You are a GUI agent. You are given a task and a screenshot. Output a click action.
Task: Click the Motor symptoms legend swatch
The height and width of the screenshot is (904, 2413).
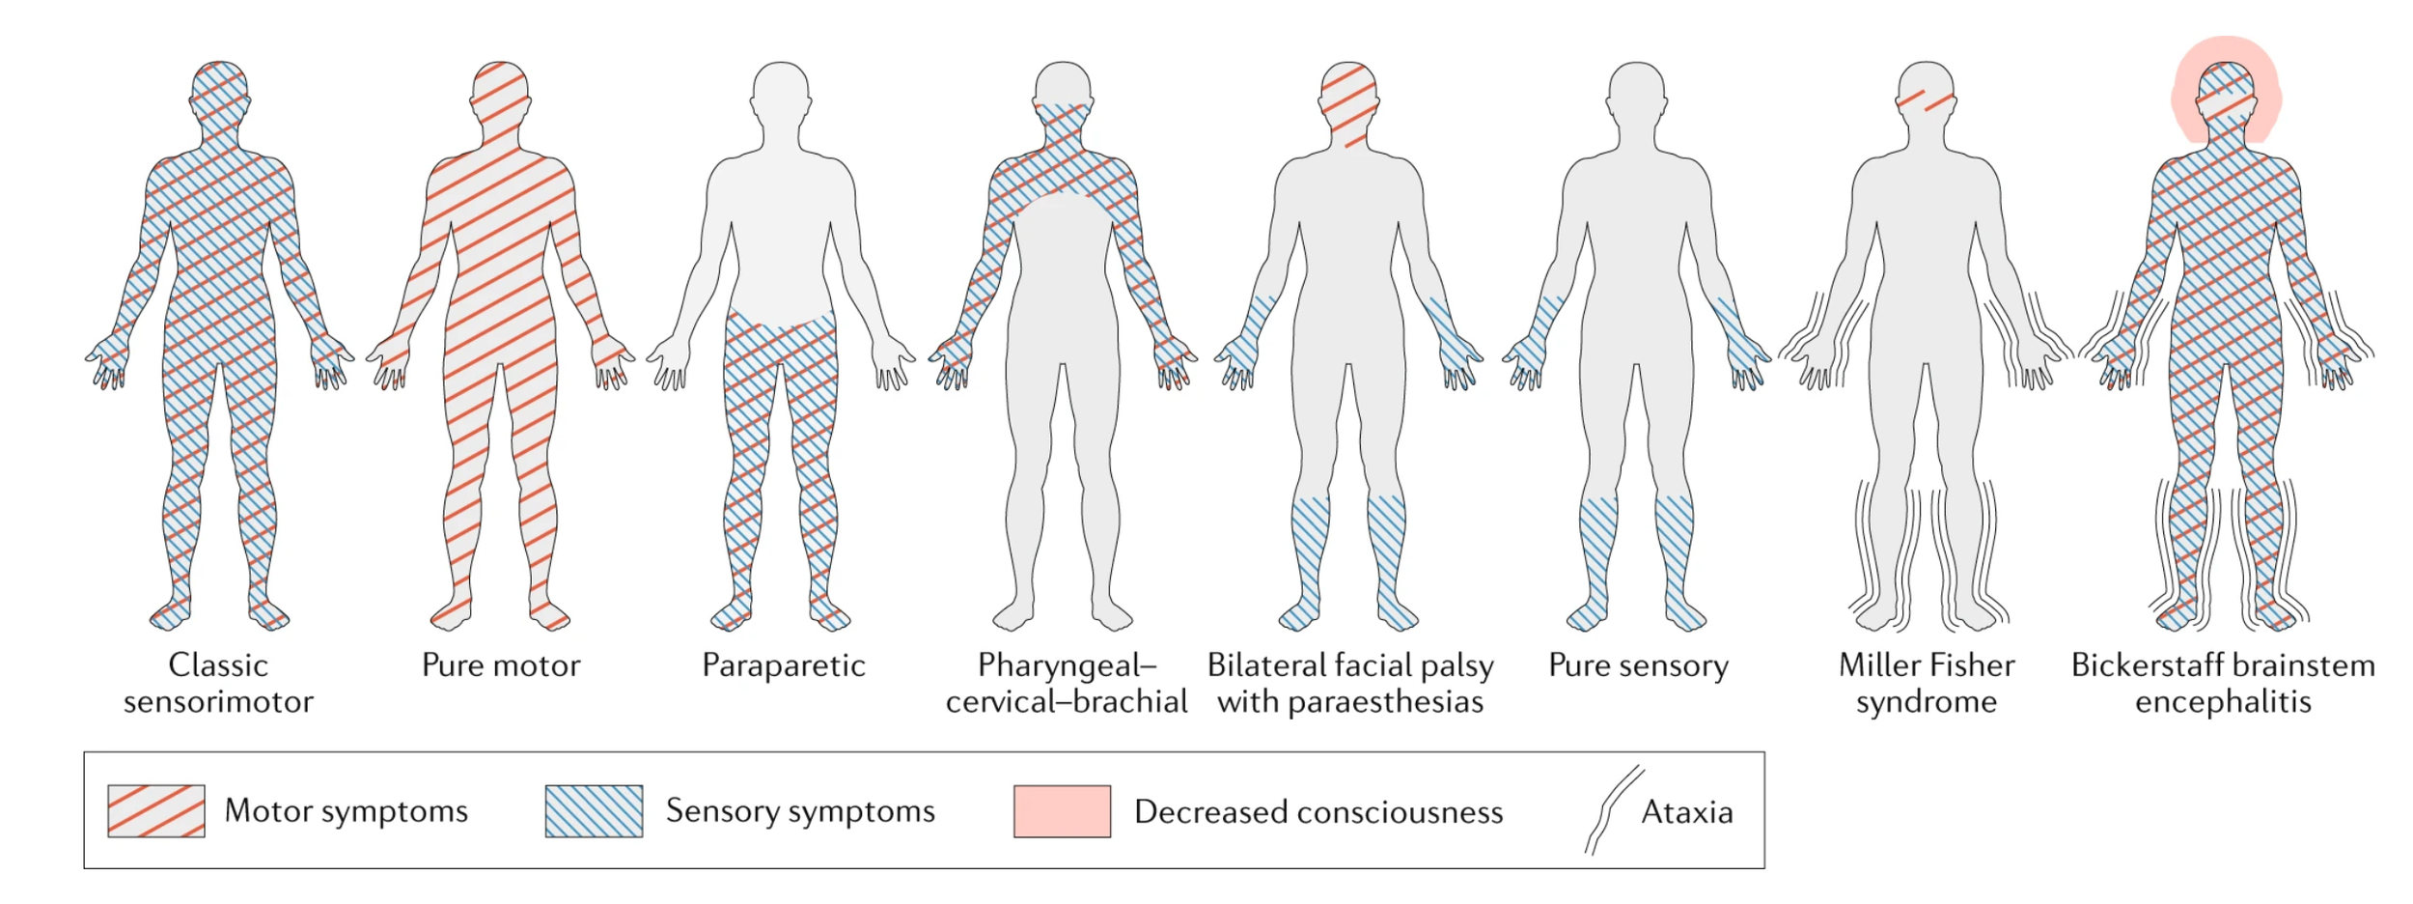(155, 810)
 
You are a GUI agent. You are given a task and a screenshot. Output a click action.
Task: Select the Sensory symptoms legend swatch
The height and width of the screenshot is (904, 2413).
(594, 810)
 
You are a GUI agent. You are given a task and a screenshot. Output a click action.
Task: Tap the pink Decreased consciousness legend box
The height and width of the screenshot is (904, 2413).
(1062, 810)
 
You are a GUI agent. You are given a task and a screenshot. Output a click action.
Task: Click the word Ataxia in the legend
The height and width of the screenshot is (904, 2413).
(1686, 812)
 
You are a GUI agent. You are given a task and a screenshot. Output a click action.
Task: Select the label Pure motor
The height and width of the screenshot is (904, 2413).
(501, 665)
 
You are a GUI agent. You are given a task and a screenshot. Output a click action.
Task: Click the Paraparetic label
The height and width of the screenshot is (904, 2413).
(783, 665)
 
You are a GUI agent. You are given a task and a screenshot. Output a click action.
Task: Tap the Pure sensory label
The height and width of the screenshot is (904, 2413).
(1638, 665)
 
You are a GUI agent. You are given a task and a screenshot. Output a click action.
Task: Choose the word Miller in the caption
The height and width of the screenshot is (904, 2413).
(1878, 665)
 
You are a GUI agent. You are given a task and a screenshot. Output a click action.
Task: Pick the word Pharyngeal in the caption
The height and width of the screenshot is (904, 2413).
(1066, 665)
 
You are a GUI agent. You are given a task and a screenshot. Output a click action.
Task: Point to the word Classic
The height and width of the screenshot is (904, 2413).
(218, 665)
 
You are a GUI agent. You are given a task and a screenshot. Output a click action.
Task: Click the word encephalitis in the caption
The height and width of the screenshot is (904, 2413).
(2223, 702)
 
